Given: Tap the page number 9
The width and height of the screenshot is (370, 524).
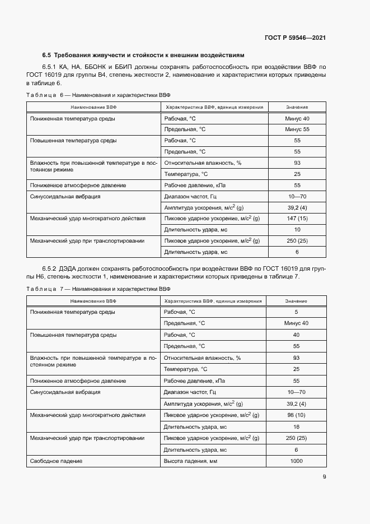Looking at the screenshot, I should click(324, 477).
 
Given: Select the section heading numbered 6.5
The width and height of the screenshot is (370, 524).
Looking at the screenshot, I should click(143, 55).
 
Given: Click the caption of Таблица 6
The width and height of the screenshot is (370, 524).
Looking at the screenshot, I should click(98, 95).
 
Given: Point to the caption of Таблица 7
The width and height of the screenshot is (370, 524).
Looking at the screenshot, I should click(98, 289).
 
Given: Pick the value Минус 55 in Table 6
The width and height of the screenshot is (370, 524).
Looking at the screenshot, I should click(297, 129).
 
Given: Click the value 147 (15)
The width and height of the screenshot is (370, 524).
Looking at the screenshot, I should click(297, 218).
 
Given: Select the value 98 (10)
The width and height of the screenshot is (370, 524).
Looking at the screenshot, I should click(297, 415).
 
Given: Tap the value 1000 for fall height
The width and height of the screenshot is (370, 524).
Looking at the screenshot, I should click(297, 461).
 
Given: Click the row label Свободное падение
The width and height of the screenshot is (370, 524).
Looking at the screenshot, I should click(56, 461).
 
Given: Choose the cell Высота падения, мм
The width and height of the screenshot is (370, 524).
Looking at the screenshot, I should click(190, 461).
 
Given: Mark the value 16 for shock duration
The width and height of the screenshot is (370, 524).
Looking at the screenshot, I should click(297, 426).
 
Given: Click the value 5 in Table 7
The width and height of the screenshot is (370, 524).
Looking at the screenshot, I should click(297, 312).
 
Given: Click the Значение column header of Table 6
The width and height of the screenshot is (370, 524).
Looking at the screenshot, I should click(297, 106).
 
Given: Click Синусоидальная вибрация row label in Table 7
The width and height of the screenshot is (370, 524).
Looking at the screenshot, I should click(65, 392).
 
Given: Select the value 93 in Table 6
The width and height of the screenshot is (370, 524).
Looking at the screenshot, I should click(297, 163).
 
